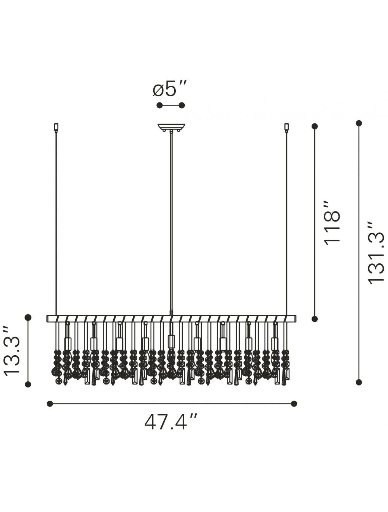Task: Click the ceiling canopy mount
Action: click(171, 127)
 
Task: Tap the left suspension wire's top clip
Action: click(56, 127)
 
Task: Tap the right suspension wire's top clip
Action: click(286, 127)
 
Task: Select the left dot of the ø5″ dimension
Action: click(159, 106)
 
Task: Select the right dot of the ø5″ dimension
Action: click(182, 106)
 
